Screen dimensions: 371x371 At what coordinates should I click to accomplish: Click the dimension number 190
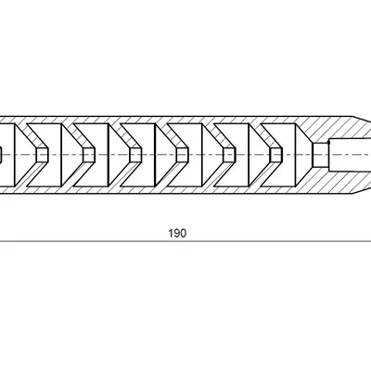point(177,233)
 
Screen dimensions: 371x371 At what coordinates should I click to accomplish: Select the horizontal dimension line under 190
point(185,241)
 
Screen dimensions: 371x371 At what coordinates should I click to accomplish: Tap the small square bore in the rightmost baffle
point(276,155)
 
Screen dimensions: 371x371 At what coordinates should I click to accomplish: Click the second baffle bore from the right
point(229,155)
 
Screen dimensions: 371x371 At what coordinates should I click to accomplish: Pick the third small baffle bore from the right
point(183,155)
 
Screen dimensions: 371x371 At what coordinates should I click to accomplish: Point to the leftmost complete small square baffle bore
point(43,155)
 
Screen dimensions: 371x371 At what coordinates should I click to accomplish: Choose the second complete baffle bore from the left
point(89,155)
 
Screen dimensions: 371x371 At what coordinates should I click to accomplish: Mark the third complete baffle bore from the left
point(135,155)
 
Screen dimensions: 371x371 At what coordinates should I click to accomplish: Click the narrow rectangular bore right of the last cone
point(321,155)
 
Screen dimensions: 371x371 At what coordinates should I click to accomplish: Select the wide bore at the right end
point(350,155)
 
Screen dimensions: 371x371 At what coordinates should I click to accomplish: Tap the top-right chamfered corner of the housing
point(353,117)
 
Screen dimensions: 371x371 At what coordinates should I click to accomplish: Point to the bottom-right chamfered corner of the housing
point(353,194)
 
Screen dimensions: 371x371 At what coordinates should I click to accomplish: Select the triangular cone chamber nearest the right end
point(304,155)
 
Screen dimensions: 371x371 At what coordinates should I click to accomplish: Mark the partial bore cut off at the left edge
point(1,155)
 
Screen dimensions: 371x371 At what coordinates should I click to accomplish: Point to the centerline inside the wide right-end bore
point(350,155)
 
